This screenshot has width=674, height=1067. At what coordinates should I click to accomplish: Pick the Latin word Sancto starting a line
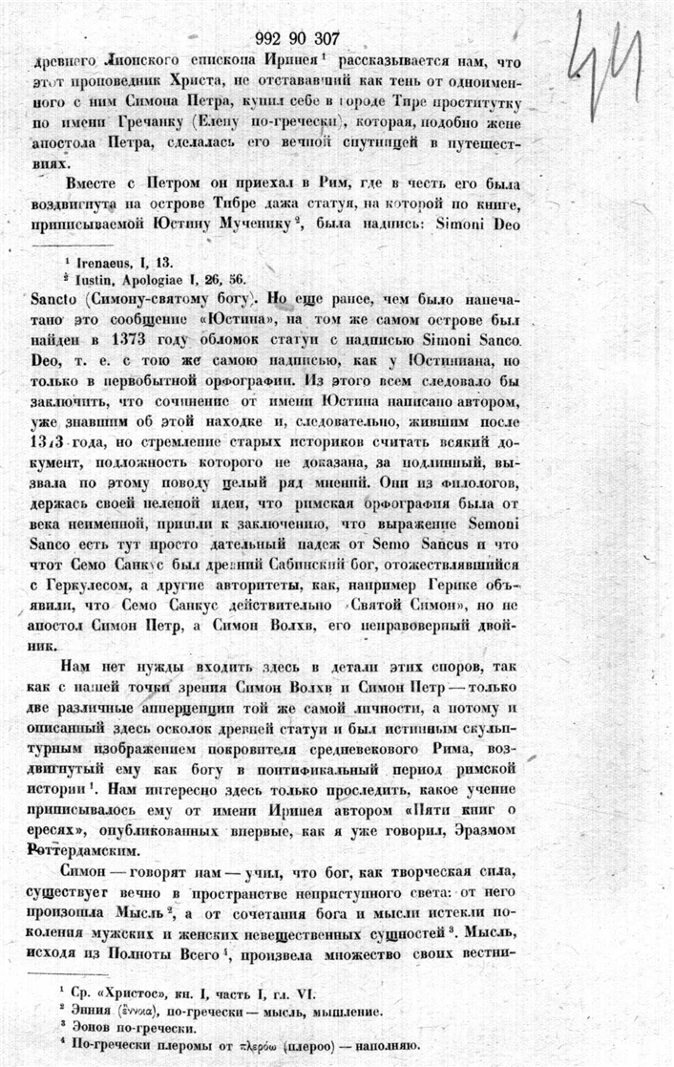click(x=60, y=297)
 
